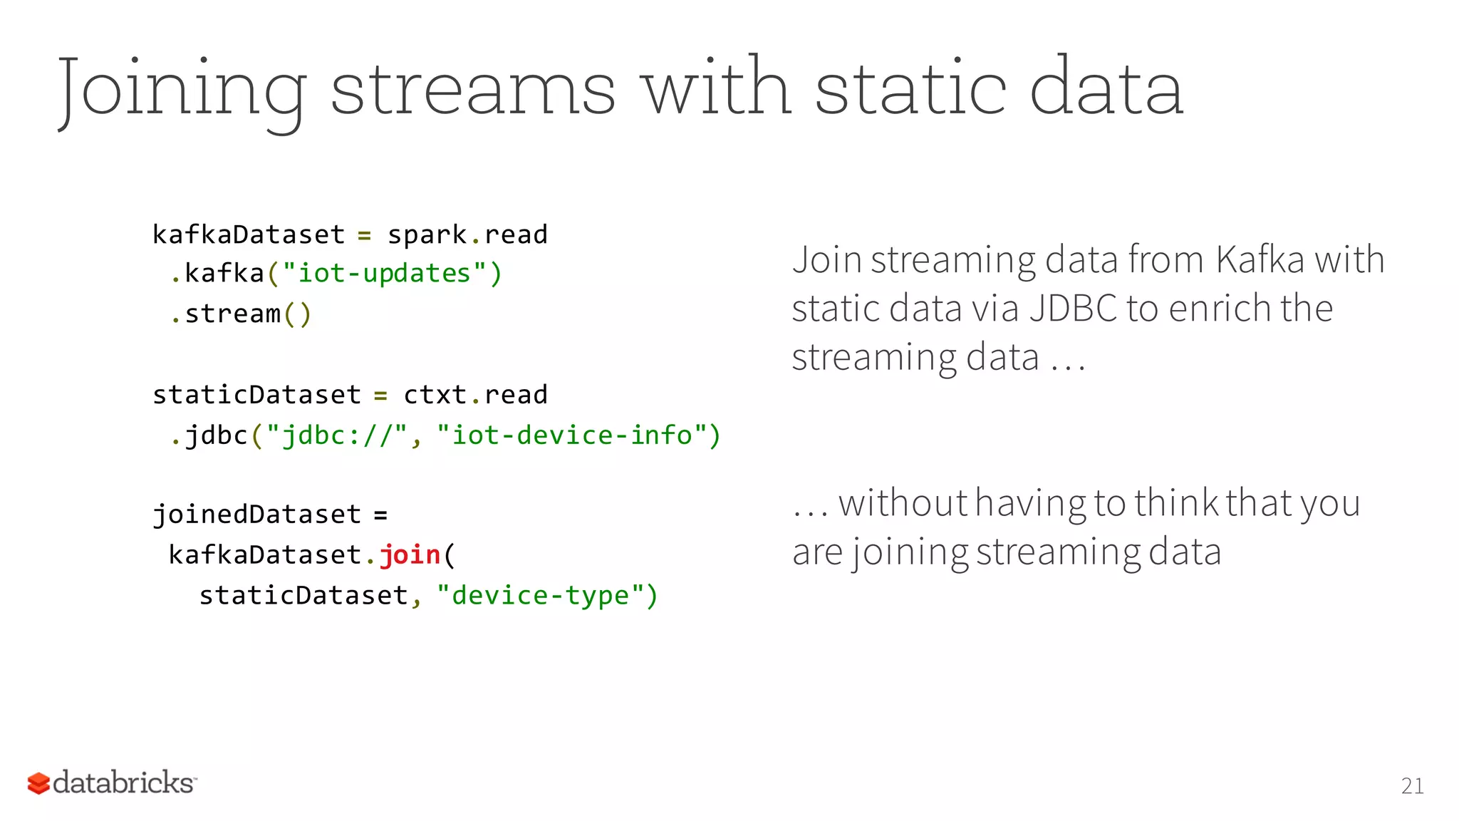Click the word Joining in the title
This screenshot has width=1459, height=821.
182,89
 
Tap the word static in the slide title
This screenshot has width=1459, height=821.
910,89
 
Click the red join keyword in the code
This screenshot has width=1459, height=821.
410,554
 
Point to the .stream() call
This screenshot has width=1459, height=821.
241,314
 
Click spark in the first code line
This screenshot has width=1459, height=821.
427,234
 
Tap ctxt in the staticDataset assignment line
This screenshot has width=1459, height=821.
435,395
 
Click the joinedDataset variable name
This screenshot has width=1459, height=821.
257,515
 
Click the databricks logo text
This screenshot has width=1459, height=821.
123,783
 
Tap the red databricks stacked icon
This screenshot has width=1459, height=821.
38,783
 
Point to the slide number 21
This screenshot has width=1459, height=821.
1412,786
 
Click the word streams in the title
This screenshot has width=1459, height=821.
472,89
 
